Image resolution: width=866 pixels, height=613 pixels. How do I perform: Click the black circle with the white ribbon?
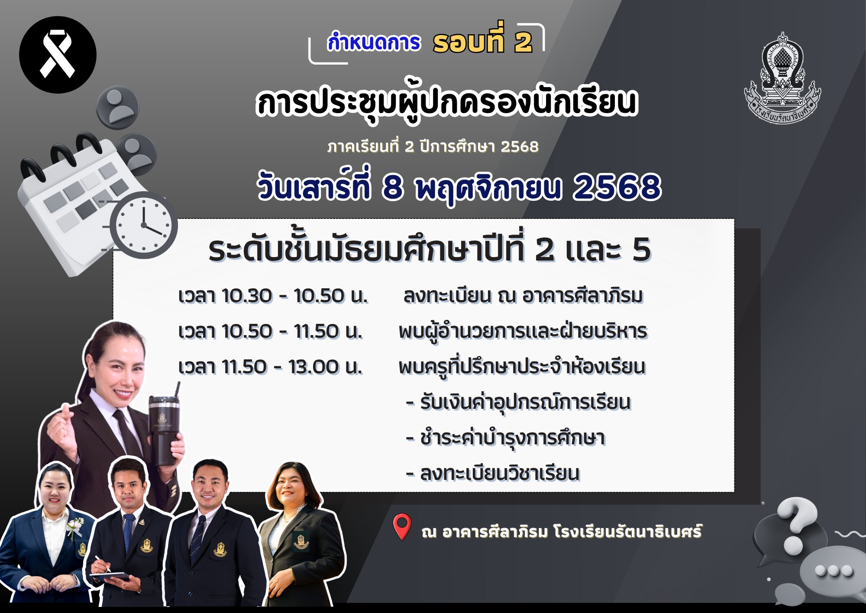(x=58, y=55)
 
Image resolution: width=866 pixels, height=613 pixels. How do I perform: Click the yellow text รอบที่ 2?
(x=482, y=42)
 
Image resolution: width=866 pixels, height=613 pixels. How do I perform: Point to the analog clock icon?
(x=143, y=225)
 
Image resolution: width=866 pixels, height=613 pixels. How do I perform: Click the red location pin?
(x=402, y=526)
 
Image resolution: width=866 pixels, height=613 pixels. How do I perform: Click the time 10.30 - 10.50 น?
(x=273, y=296)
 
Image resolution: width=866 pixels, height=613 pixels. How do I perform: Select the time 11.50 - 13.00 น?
(x=270, y=367)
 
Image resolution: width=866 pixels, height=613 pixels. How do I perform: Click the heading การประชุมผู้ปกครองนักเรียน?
(x=446, y=103)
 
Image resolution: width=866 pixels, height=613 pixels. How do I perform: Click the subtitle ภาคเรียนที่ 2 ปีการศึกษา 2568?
(x=433, y=147)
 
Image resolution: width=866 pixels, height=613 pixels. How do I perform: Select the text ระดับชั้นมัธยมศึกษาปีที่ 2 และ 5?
(x=430, y=250)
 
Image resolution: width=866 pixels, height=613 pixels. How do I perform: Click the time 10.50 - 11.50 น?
(x=270, y=332)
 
